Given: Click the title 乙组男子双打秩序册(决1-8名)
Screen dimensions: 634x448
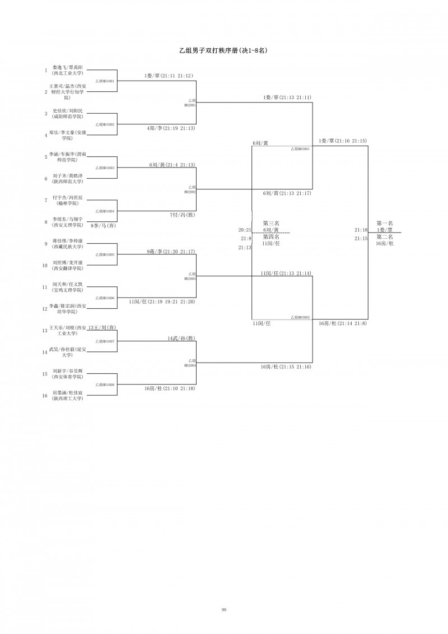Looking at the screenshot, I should tap(223, 50).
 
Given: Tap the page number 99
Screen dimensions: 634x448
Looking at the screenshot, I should tap(223, 609).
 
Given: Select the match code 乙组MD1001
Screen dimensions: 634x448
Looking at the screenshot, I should tap(105, 81).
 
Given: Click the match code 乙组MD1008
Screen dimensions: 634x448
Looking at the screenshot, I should tap(105, 385).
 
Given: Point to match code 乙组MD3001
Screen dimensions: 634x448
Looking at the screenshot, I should tap(300, 149).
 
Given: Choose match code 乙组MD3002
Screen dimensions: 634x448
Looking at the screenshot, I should tap(300, 317).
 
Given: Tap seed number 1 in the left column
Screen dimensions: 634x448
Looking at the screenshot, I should tap(46, 71).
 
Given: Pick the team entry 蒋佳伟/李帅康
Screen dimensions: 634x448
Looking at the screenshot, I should tap(67, 243).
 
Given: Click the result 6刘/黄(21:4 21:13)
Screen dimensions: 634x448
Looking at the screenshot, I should tap(172, 165).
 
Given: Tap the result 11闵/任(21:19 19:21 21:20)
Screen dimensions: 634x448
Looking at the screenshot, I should tap(162, 302).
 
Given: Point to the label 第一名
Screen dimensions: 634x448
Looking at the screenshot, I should tap(384, 223).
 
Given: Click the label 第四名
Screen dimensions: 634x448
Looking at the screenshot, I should tap(271, 237).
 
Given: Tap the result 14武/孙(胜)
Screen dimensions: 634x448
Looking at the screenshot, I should tap(181, 339).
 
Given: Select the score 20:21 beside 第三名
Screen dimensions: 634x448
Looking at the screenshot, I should tap(244, 230).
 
